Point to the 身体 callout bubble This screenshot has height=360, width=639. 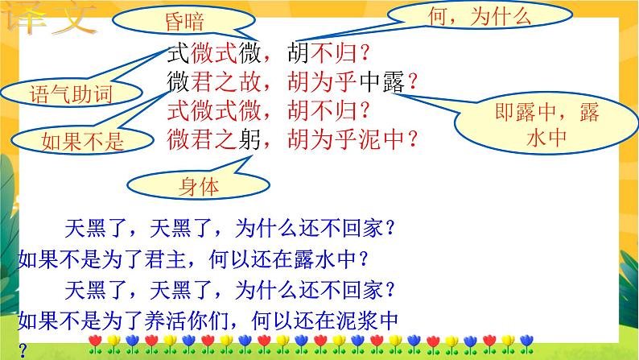click(197, 188)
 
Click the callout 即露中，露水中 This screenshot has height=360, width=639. click(548, 125)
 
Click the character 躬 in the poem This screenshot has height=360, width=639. click(254, 139)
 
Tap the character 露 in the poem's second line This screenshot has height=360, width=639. click(391, 81)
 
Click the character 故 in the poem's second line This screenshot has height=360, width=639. click(254, 81)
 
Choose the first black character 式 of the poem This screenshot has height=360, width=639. click(176, 55)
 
